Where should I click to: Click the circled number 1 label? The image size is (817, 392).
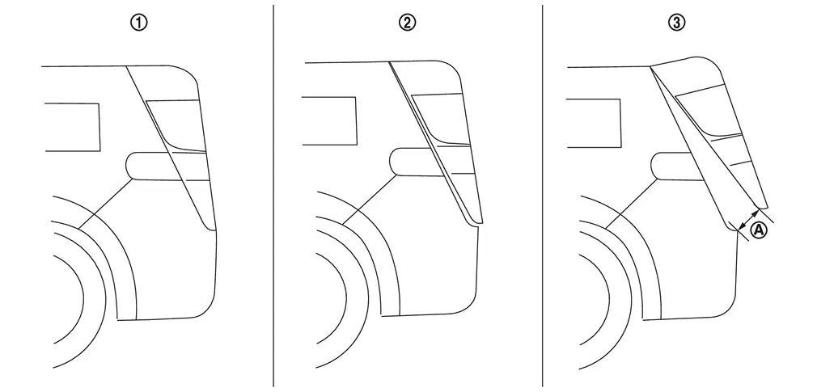139,23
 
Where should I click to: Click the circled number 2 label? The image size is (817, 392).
408,23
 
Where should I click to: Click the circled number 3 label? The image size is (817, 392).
676,23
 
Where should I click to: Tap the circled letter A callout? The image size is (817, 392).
759,230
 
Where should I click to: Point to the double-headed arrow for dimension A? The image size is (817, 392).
748,219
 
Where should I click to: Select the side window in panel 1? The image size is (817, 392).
73,128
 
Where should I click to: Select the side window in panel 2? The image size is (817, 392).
329,120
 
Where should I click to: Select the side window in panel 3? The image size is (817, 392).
594,123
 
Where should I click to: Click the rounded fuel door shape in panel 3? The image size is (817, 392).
676,166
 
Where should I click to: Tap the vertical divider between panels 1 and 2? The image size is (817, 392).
273,196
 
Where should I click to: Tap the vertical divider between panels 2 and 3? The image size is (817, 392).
543,196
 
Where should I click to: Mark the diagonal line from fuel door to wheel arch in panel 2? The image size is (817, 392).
370,200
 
